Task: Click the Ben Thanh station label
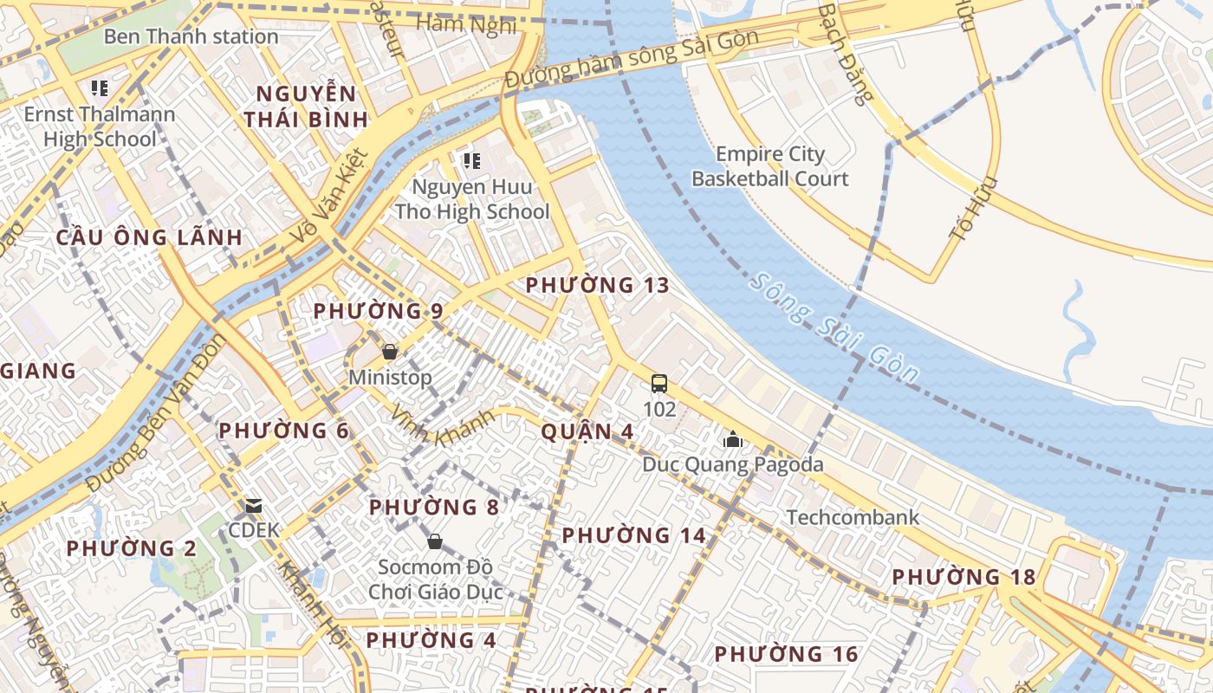[x=191, y=36]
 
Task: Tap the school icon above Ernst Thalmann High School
[x=100, y=87]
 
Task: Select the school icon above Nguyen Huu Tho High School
[x=471, y=160]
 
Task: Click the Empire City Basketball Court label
[x=769, y=166]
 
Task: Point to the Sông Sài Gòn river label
[x=834, y=328]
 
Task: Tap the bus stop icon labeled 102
[x=659, y=384]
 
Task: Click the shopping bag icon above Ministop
[x=390, y=352]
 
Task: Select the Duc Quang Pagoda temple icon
[x=733, y=440]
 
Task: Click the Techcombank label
[x=853, y=517]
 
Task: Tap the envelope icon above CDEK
[x=253, y=505]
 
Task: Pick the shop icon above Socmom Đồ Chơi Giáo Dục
[x=435, y=541]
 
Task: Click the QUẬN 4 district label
[x=587, y=431]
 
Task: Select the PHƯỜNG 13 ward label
[x=598, y=285]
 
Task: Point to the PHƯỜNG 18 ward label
[x=963, y=577]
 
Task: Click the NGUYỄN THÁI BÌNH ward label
[x=306, y=107]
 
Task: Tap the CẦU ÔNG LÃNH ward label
[x=150, y=237]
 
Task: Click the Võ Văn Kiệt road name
[x=331, y=196]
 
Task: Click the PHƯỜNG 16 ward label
[x=786, y=654]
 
